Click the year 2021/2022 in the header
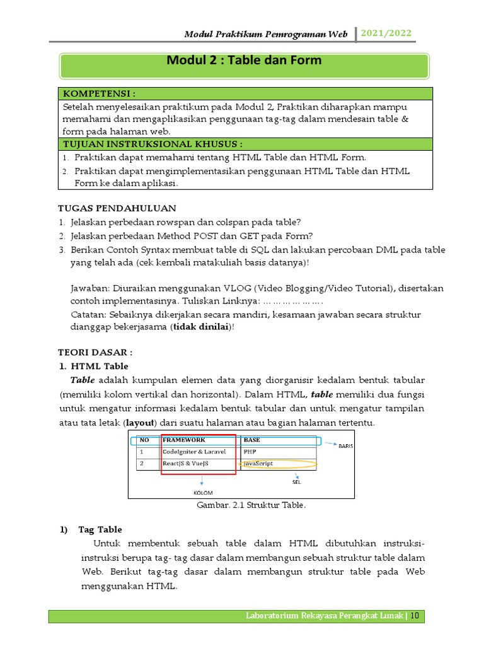tap(386, 33)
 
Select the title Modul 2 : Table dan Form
tap(244, 61)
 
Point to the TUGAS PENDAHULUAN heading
tap(117, 208)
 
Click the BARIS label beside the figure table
tap(346, 446)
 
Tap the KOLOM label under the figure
tap(203, 493)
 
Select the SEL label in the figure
tap(296, 482)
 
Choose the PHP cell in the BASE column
tap(250, 452)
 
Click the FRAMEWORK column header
tap(184, 440)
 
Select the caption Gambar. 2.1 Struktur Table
tap(242, 505)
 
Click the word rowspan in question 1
tap(166, 222)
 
